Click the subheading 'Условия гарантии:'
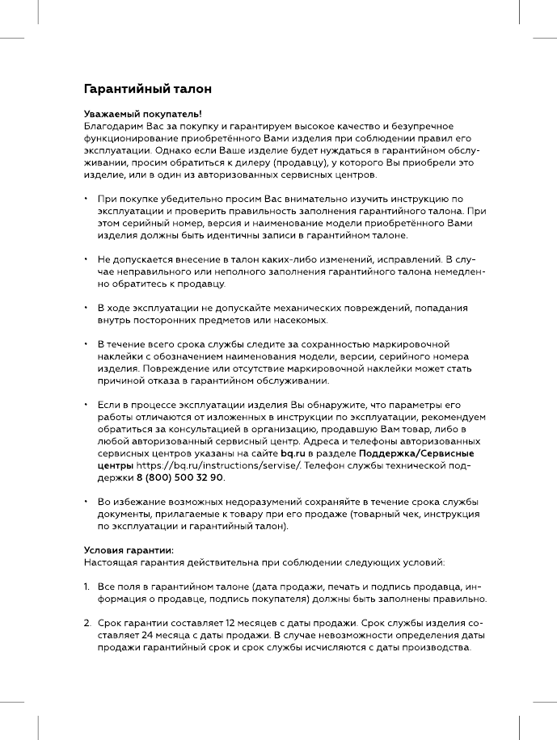pos(129,550)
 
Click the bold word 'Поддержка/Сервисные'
pos(416,454)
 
